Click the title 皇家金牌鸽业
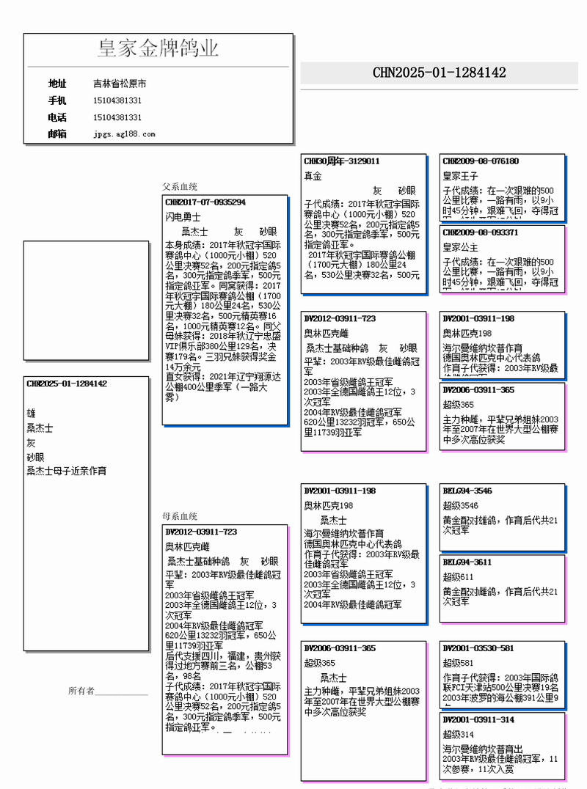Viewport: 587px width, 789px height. click(x=158, y=49)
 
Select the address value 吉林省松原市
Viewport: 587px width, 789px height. click(x=120, y=84)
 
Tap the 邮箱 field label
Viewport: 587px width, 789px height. click(x=57, y=133)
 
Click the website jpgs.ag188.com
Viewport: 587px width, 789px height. click(x=124, y=134)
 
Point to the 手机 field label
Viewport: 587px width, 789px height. click(x=57, y=100)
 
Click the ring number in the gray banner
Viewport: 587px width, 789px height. click(x=439, y=73)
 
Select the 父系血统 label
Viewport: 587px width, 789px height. click(x=180, y=187)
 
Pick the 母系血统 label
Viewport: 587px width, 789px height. click(x=180, y=516)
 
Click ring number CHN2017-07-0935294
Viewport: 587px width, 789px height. click(x=205, y=202)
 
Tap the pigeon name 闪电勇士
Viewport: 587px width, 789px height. click(x=183, y=217)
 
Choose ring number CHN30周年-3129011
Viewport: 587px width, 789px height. click(x=342, y=161)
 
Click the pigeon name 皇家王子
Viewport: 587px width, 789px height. click(x=460, y=176)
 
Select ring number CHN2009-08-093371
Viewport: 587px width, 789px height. click(x=481, y=232)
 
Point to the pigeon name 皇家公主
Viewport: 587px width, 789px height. click(x=460, y=247)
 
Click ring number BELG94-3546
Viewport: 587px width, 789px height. click(x=467, y=491)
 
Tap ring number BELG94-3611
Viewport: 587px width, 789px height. click(x=467, y=562)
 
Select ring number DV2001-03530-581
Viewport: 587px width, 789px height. click(x=478, y=648)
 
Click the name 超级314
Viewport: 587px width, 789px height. click(x=457, y=734)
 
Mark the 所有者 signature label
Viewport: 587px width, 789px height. click(x=81, y=691)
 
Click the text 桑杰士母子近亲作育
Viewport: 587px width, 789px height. click(x=66, y=471)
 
